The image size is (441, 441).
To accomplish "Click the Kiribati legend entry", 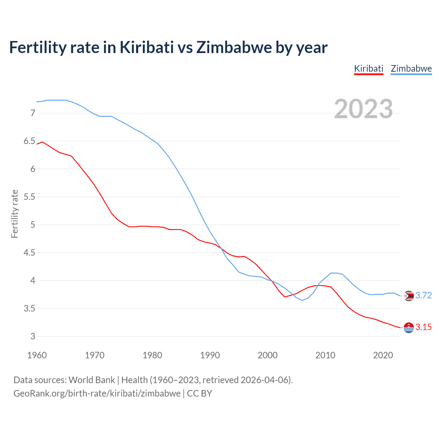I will (369, 69).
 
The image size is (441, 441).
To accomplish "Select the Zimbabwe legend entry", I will (411, 69).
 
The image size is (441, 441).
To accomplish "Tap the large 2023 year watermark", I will (363, 109).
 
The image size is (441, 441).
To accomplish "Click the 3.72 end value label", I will (423, 296).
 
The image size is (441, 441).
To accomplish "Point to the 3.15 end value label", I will (423, 327).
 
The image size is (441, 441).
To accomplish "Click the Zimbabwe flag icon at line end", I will (409, 296).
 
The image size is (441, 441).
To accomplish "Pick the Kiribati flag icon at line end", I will (409, 328).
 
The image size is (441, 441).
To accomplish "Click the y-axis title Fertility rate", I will (14, 214).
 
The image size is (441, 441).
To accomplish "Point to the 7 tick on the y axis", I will (33, 113).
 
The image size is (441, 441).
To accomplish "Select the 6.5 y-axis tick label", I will (29, 141).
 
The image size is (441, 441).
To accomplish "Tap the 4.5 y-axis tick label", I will (29, 253).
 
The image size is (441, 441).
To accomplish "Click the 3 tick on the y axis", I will (33, 337).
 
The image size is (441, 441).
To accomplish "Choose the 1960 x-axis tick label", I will (37, 355).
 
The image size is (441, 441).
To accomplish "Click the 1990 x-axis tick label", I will (210, 355).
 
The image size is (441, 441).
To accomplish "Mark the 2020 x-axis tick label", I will (383, 355).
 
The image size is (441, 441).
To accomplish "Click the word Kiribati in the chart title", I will (147, 48).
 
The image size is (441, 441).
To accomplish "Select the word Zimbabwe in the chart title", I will (234, 48).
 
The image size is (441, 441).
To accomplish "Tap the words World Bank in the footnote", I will (92, 380).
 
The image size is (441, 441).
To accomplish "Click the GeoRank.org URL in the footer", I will (97, 393).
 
